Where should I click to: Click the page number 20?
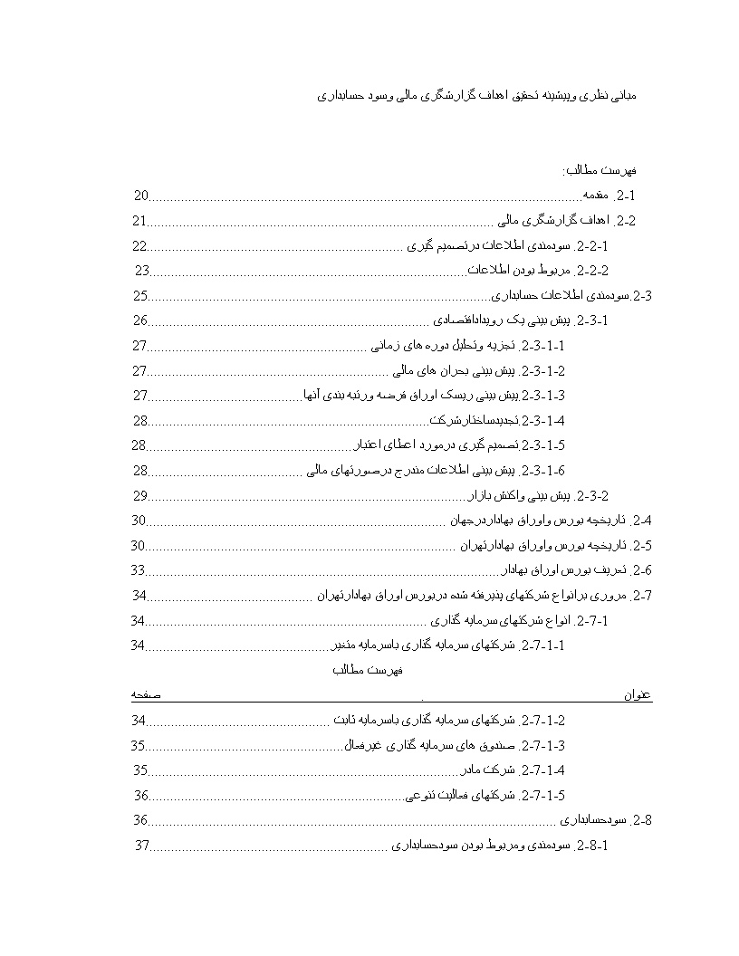[140, 196]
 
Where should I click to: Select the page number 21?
[139, 221]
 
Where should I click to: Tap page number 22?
[139, 245]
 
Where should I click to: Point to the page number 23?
[141, 271]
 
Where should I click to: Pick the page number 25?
[140, 295]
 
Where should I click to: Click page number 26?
[140, 320]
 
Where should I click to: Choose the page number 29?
[140, 496]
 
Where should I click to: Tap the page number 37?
[141, 846]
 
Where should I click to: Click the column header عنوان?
[638, 695]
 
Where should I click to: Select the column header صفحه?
[146, 694]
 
